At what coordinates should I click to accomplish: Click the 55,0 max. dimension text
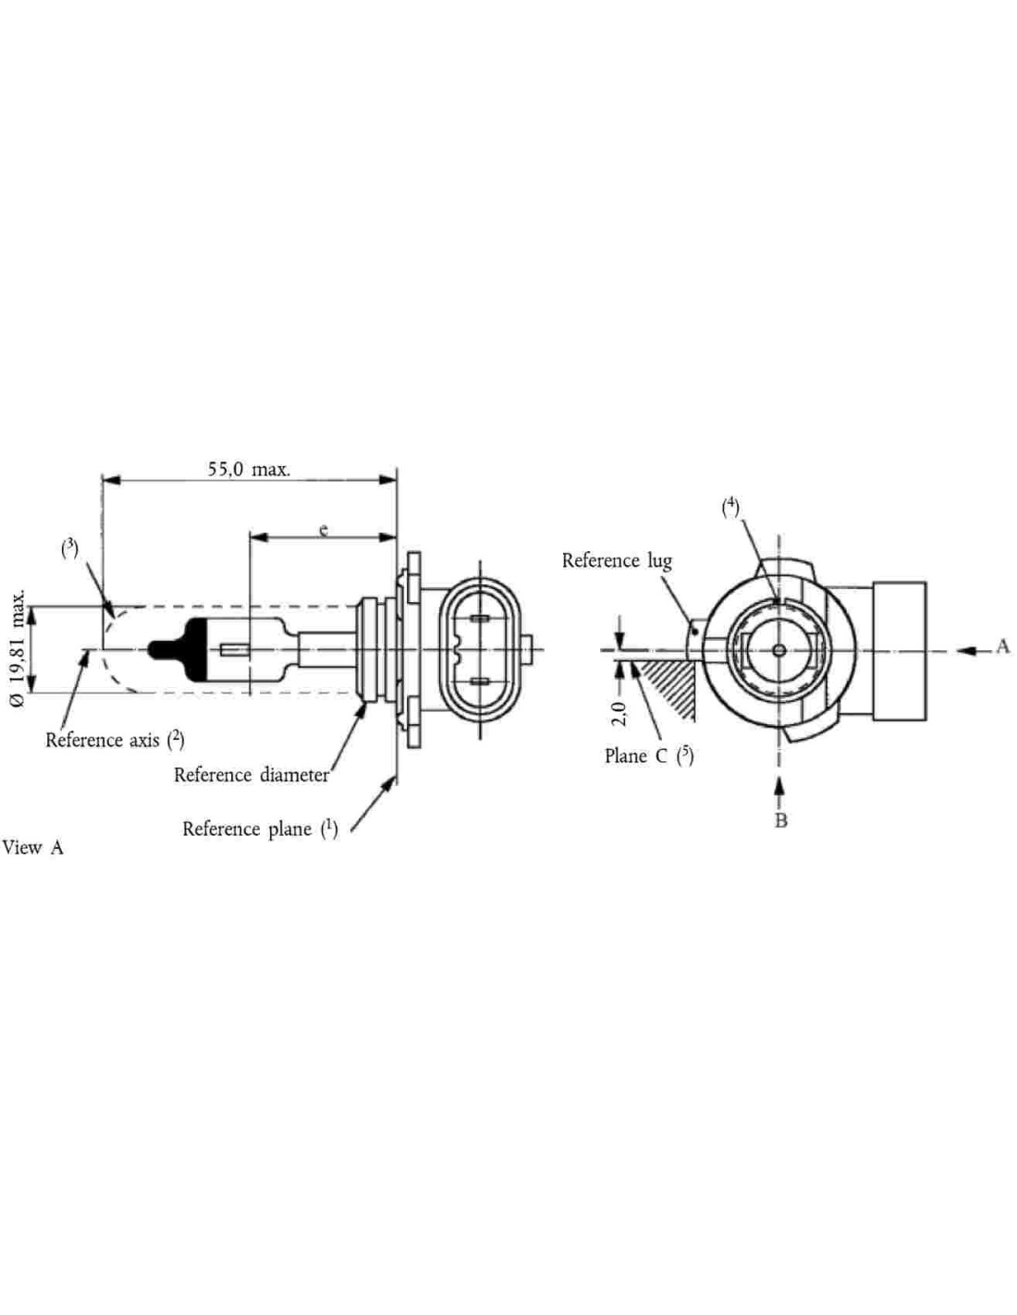point(250,469)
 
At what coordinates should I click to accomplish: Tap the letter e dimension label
point(325,530)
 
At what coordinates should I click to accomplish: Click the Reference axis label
point(115,740)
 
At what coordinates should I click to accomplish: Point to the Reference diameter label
point(251,775)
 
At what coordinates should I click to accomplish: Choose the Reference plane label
point(260,828)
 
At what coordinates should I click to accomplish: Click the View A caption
point(32,847)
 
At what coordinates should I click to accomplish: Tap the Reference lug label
point(617,560)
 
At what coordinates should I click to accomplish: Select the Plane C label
point(649,756)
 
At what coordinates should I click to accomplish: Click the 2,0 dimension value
point(619,714)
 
